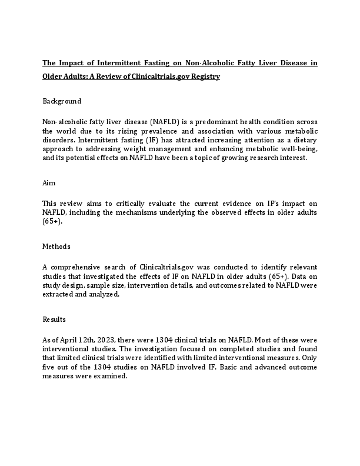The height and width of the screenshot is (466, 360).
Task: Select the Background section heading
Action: [62, 101]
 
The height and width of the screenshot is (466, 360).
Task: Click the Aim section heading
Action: [49, 184]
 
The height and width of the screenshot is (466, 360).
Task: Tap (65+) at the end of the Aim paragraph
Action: [52, 222]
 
